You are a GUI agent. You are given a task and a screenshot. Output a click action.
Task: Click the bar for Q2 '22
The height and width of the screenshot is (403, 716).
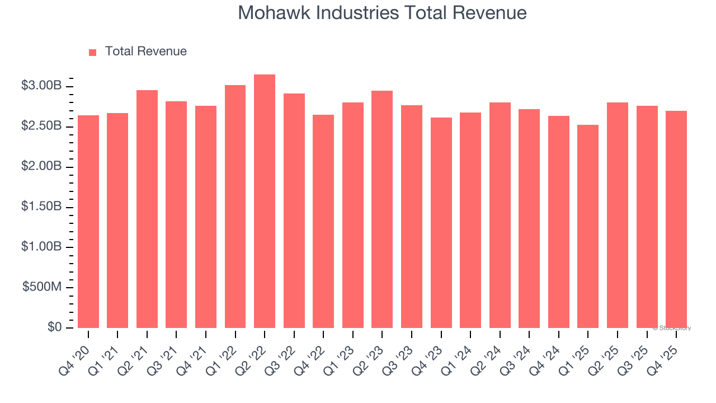pos(265,201)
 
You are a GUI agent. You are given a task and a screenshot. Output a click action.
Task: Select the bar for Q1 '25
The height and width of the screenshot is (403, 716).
pos(588,226)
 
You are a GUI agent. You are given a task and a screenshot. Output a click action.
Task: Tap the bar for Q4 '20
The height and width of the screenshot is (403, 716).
pos(88,222)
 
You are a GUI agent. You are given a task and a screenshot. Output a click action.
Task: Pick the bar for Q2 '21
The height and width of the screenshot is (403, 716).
pos(147,209)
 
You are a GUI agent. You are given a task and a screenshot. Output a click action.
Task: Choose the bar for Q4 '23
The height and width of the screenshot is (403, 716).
pos(441,223)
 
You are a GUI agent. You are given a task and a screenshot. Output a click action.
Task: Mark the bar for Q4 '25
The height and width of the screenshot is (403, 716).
pos(676,219)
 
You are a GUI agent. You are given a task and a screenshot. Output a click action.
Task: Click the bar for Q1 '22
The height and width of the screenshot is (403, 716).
pos(235,207)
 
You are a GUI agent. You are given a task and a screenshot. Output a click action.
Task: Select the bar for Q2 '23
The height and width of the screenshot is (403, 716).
pos(382,209)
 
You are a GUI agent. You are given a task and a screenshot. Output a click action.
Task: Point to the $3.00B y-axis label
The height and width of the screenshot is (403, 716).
pos(41,86)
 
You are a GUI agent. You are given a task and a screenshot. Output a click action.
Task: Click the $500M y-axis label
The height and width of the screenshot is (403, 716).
pos(43,287)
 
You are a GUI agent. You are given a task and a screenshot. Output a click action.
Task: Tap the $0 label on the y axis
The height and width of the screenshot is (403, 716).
pos(55,327)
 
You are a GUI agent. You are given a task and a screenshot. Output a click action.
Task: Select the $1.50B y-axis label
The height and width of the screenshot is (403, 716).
pos(41,207)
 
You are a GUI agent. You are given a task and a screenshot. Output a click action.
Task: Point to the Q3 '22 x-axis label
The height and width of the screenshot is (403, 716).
pos(282,353)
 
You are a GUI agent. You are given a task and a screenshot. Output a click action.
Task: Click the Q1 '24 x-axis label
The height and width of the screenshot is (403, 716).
pos(459,353)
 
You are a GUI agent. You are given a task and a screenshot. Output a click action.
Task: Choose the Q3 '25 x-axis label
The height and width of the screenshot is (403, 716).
pos(635,353)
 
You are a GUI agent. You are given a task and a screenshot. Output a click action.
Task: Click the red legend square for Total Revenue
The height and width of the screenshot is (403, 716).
pos(93,52)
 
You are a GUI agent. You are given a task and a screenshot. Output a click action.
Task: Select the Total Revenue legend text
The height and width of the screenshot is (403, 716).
pos(145,51)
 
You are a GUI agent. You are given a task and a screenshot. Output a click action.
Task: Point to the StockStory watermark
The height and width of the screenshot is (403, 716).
pos(671,328)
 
